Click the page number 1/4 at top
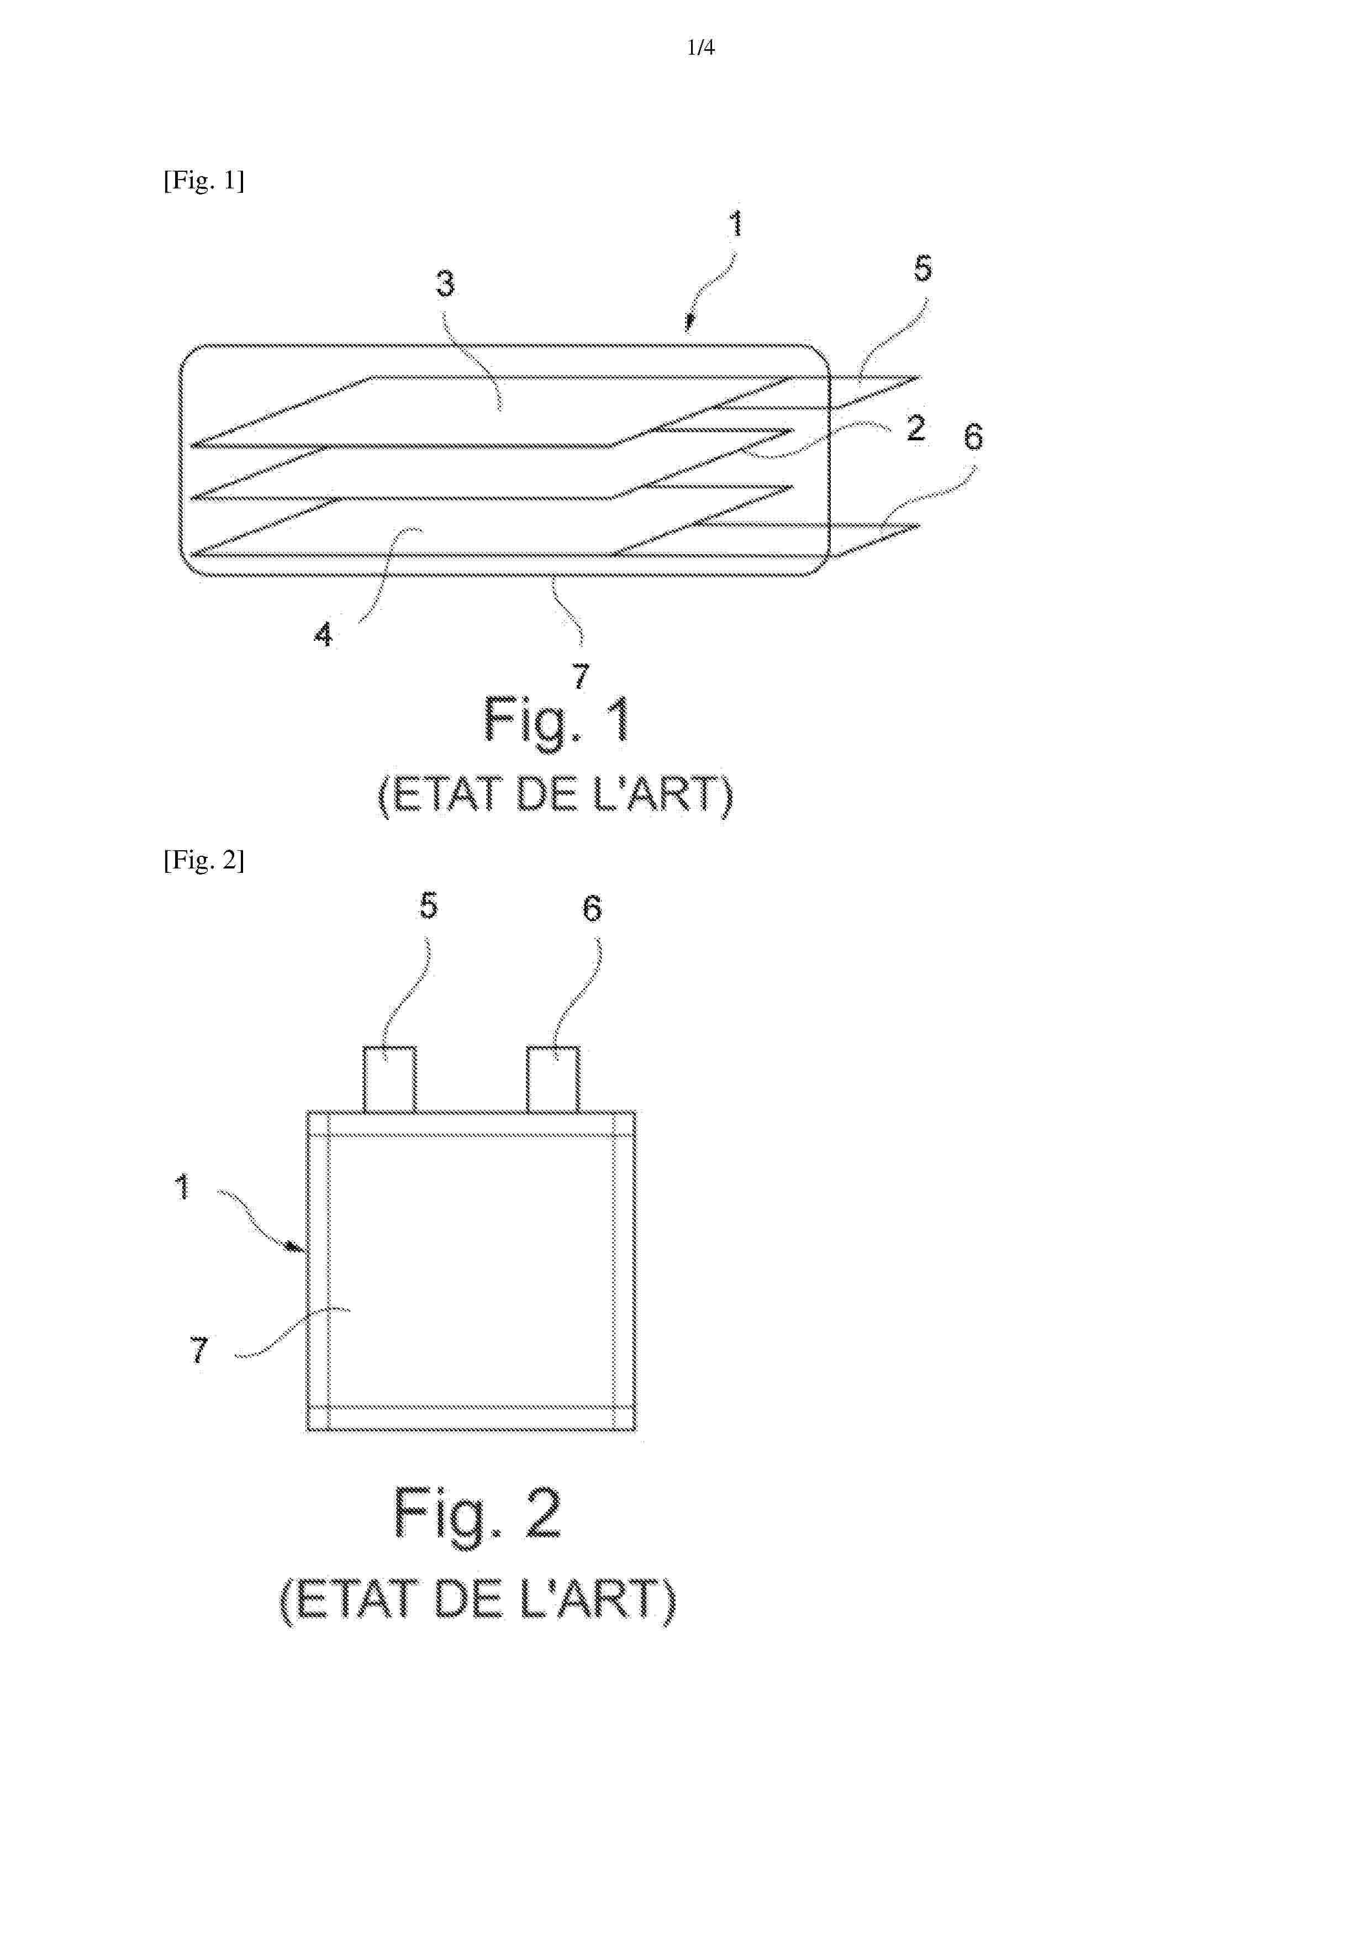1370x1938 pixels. (x=700, y=48)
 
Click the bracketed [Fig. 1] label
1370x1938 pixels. (x=203, y=181)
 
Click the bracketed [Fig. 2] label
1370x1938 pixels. (x=203, y=860)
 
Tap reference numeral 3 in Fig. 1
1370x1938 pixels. (x=445, y=283)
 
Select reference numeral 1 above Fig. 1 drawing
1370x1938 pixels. (x=736, y=224)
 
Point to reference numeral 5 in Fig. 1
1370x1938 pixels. (x=923, y=268)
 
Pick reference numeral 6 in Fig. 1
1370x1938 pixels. (x=973, y=436)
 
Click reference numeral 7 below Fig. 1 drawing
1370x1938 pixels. (x=581, y=675)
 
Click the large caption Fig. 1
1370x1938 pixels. (x=557, y=722)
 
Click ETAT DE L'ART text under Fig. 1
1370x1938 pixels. (x=555, y=795)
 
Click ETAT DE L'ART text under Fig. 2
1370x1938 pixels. (x=478, y=1599)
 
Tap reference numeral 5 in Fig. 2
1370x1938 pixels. (x=429, y=905)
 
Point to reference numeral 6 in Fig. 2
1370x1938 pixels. (x=593, y=908)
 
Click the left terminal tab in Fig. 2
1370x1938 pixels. (x=389, y=1079)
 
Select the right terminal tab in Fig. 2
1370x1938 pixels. (x=553, y=1079)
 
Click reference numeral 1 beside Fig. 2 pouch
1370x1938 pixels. (x=182, y=1187)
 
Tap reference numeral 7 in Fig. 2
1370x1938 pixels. (x=199, y=1350)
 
